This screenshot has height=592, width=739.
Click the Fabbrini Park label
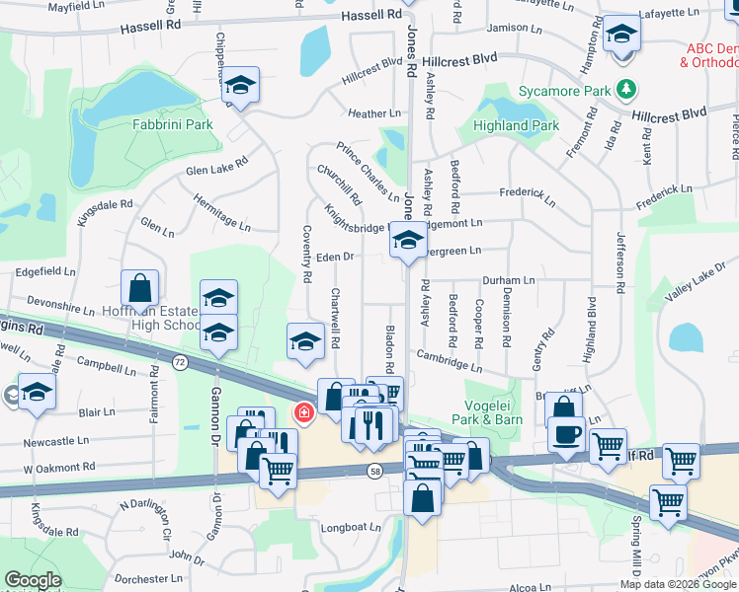[x=173, y=125]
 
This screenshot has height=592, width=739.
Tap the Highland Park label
[x=516, y=125]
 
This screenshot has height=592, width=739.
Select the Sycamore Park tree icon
[x=624, y=90]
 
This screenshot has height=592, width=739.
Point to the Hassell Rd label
[x=372, y=15]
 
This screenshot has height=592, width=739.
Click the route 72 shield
[x=179, y=362]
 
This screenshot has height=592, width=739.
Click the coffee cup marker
[x=566, y=434]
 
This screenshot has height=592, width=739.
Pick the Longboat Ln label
[x=351, y=528]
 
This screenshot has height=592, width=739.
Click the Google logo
[x=33, y=580]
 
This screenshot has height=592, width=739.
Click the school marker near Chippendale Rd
[x=239, y=86]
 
